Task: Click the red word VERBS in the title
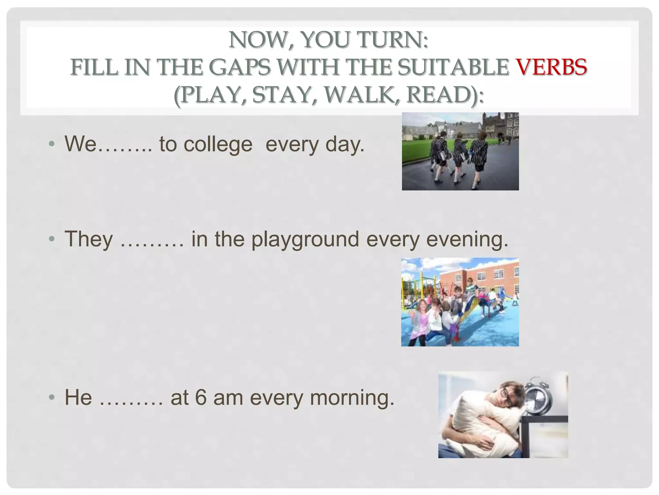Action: point(552,68)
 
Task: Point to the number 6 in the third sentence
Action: point(200,397)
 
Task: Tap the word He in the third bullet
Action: point(78,397)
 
